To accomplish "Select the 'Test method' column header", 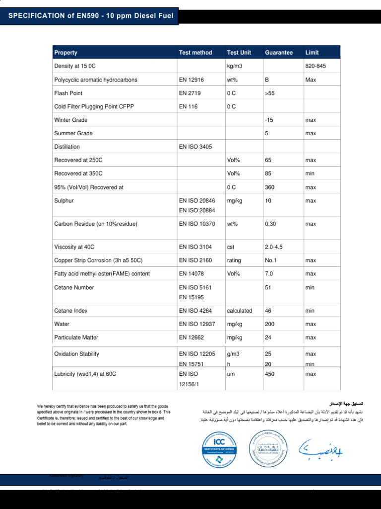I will click(195, 53).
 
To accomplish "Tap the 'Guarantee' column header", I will click(279, 53).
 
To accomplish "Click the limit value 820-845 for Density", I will click(316, 66).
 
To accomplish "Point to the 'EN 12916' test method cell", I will click(191, 80).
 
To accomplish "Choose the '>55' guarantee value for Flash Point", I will click(270, 93).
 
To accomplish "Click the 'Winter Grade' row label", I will click(71, 120).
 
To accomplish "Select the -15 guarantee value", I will click(269, 120).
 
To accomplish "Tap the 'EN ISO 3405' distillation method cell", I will click(195, 147).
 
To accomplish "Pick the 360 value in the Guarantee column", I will click(270, 187).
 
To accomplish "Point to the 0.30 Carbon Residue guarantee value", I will click(270, 224).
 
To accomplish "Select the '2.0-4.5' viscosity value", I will click(274, 247).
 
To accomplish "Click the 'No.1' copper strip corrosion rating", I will click(271, 260).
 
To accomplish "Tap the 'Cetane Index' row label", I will click(71, 311).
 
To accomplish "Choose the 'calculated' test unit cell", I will click(240, 311).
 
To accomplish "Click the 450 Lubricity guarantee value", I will click(270, 374).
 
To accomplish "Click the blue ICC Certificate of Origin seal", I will click(219, 449).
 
